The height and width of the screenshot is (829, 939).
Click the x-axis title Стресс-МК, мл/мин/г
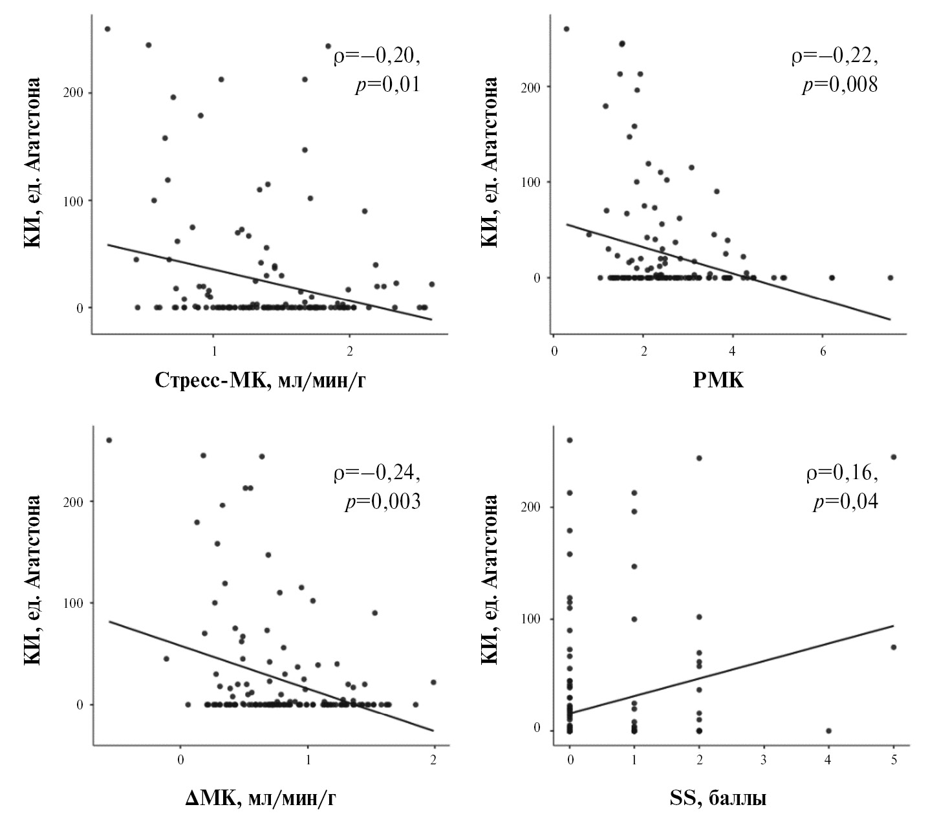[x=264, y=381]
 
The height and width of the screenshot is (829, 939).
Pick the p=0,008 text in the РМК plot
[x=839, y=86]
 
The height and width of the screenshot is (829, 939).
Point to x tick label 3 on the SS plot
[x=764, y=759]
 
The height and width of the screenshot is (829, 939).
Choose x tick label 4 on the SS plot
[x=828, y=759]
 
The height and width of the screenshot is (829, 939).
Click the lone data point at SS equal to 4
[x=828, y=731]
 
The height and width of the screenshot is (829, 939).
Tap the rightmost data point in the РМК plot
[x=890, y=277]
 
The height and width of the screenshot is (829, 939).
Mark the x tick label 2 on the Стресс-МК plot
[x=350, y=350]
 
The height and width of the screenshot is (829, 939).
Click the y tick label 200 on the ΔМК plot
[x=75, y=501]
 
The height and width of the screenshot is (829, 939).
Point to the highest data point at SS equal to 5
[x=894, y=457]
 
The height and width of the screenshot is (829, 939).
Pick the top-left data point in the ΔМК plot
[x=109, y=440]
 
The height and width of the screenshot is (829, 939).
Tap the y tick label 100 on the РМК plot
[x=532, y=182]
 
